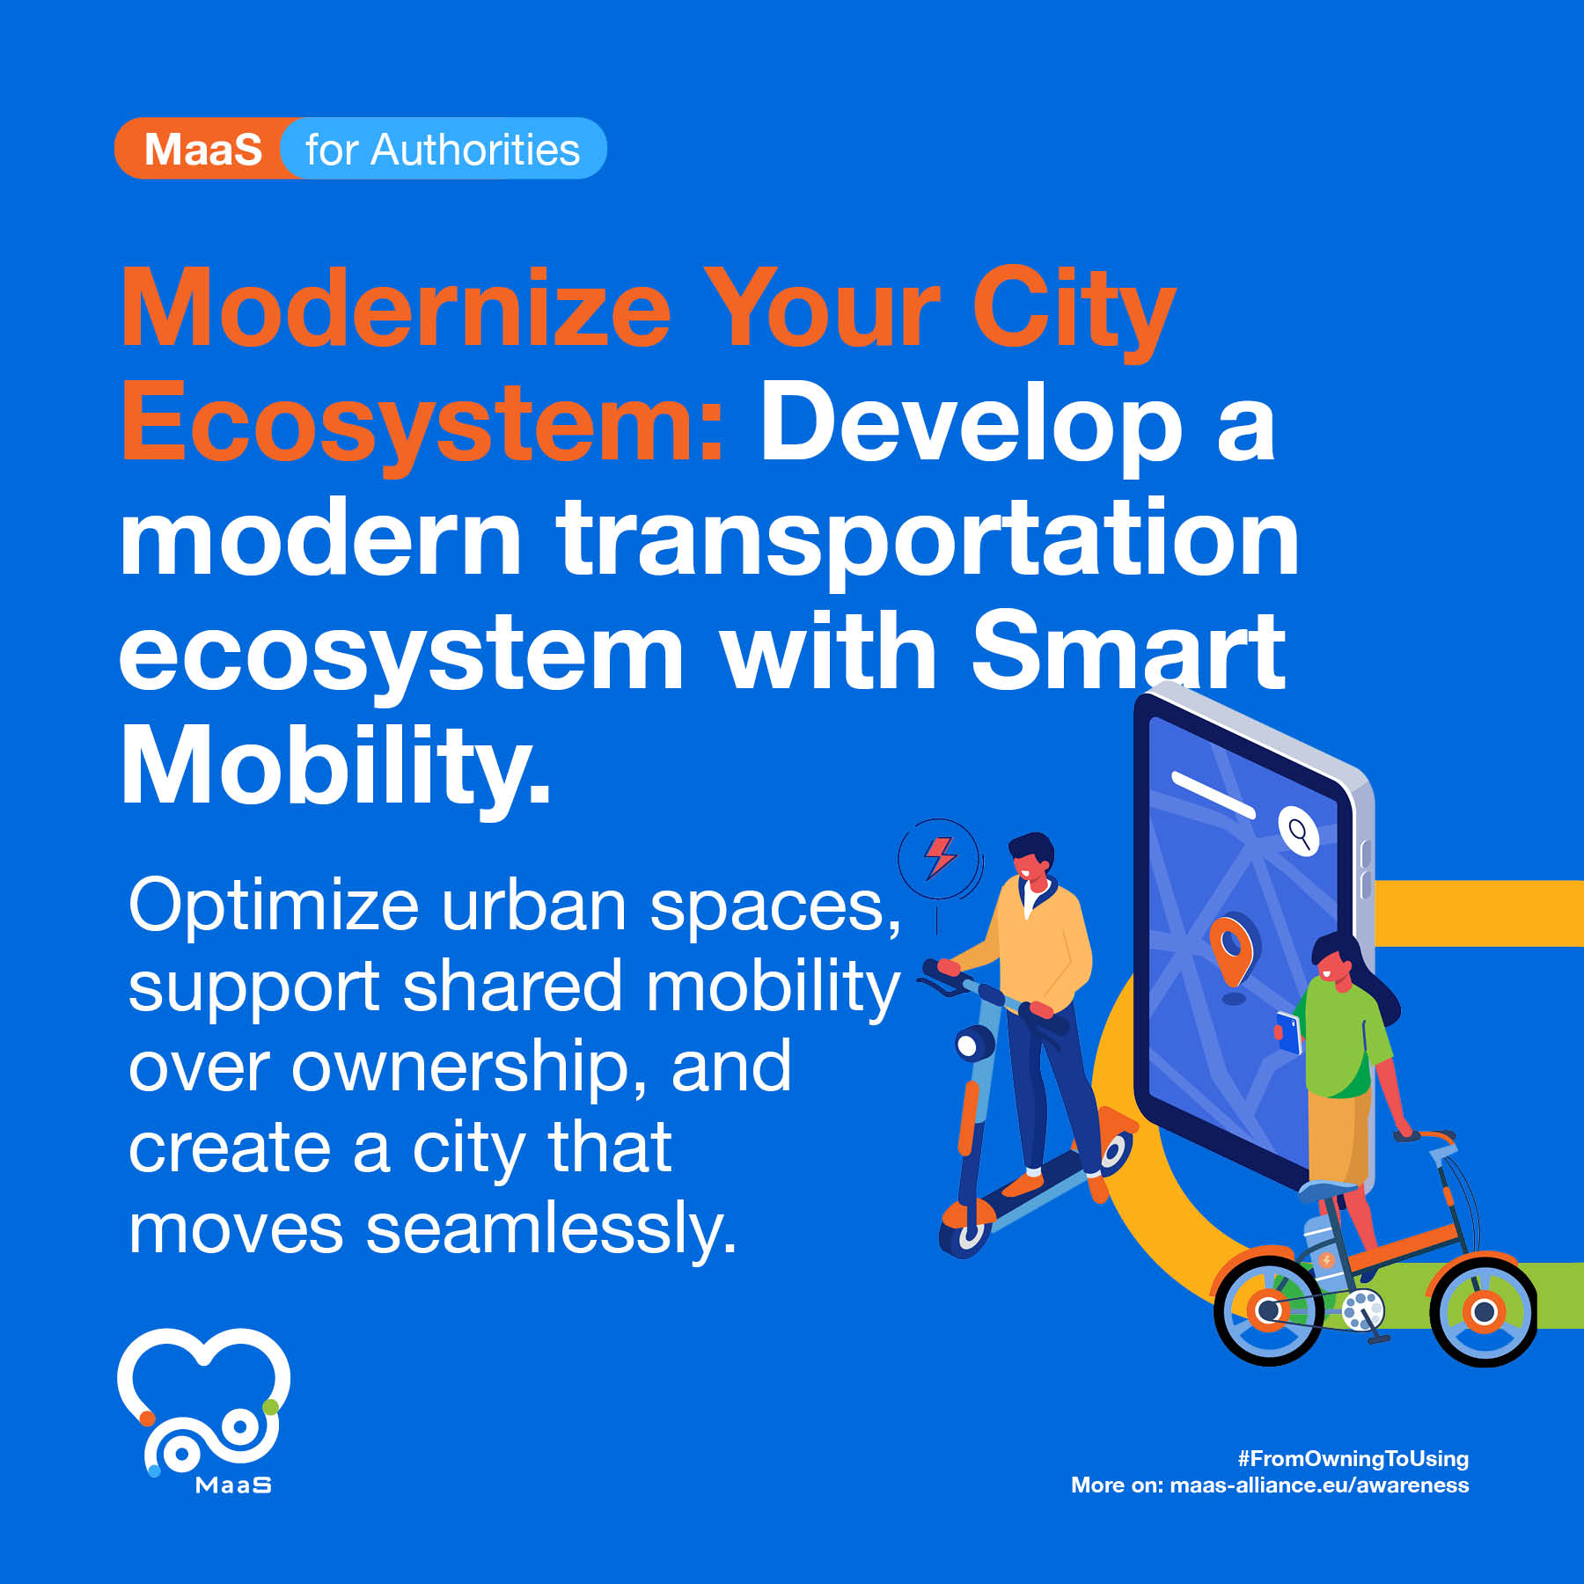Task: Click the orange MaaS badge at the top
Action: click(x=204, y=149)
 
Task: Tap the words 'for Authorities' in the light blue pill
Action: click(x=443, y=150)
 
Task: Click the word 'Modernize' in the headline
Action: click(x=396, y=310)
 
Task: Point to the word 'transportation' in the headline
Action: click(x=928, y=539)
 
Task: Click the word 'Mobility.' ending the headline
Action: click(x=335, y=765)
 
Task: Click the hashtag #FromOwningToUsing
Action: click(x=1353, y=1459)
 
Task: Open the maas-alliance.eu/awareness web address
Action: click(x=1319, y=1485)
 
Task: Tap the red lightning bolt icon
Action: click(x=939, y=856)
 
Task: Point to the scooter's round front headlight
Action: click(x=972, y=1045)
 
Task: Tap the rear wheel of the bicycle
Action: click(x=1268, y=1311)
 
